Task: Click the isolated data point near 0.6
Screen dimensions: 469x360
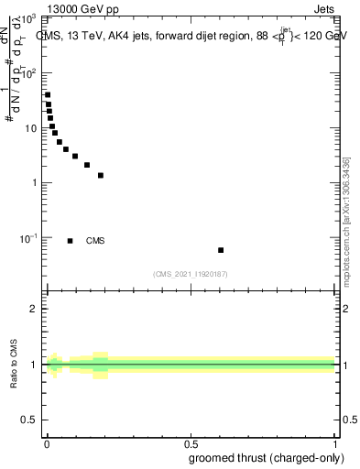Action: click(221, 250)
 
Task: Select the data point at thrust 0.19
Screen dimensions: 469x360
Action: click(101, 175)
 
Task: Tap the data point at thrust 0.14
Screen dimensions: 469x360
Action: click(87, 165)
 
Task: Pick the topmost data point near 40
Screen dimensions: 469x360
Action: click(48, 94)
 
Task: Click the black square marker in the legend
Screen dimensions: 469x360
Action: click(70, 241)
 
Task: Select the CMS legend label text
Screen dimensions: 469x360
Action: click(95, 241)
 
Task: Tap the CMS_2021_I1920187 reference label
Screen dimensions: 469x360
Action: click(191, 274)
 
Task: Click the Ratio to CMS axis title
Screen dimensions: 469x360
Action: click(14, 365)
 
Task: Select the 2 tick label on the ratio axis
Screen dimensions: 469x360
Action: click(34, 309)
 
